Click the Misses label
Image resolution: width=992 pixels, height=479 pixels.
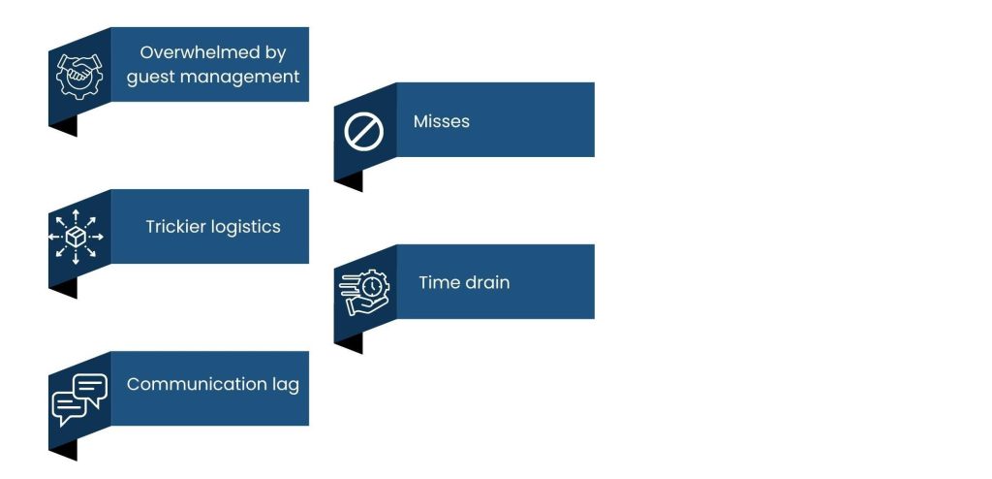click(441, 121)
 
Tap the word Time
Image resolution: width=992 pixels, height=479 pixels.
click(436, 283)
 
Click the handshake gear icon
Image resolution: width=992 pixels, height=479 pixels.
click(78, 74)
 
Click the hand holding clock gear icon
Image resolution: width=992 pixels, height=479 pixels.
click(364, 292)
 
